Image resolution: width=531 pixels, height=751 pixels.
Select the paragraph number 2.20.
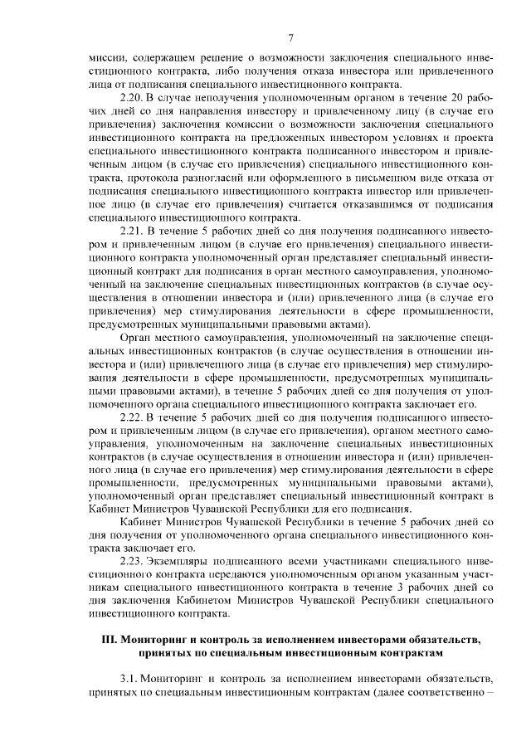click(x=133, y=99)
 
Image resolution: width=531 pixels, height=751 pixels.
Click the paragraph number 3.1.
click(x=129, y=680)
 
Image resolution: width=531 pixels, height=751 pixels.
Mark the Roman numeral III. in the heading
click(x=109, y=640)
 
